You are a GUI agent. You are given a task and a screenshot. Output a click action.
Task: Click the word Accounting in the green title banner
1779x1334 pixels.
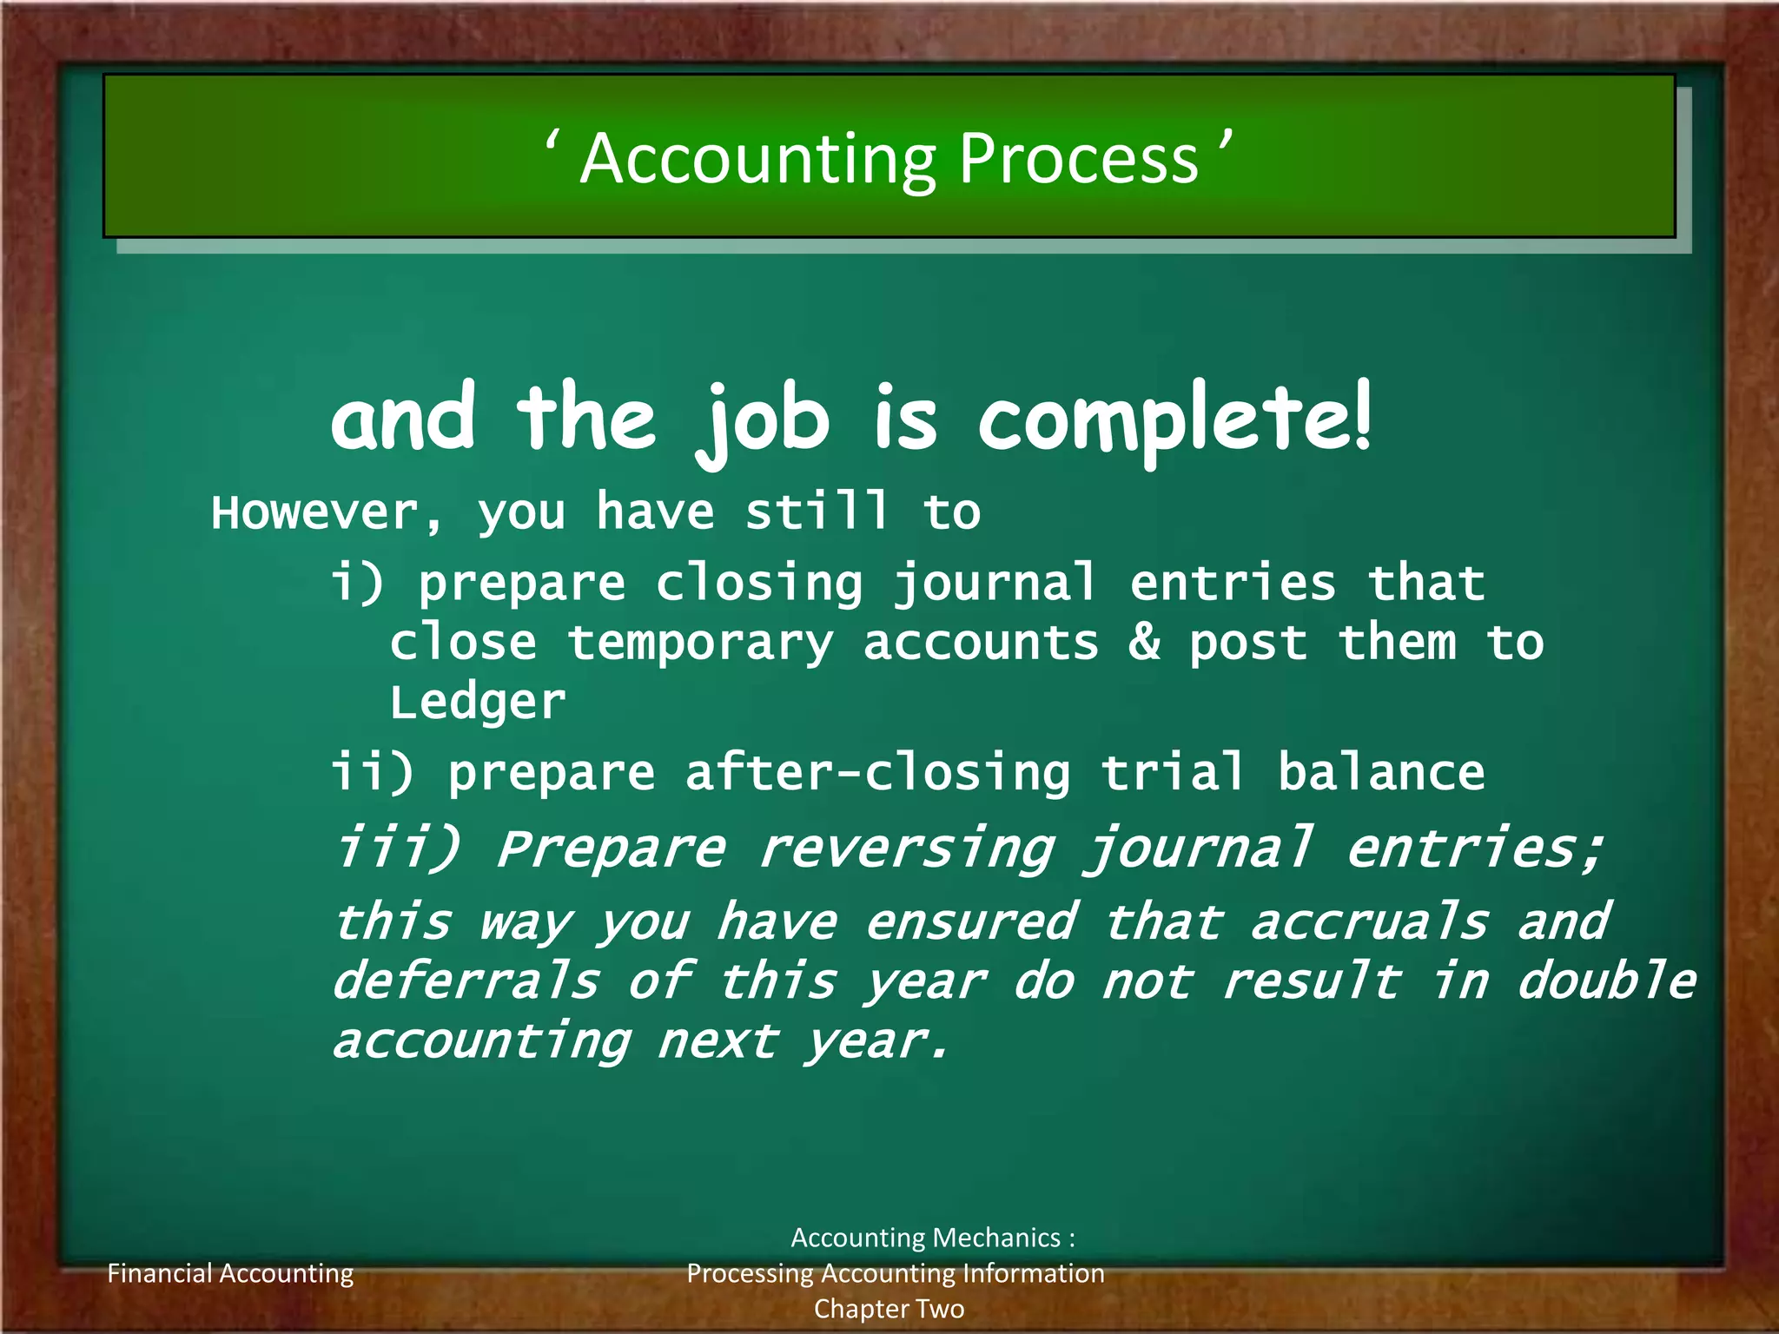click(x=758, y=161)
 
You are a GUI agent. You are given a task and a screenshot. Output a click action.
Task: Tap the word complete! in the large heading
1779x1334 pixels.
click(x=1175, y=419)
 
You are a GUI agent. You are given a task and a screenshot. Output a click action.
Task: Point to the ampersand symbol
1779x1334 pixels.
click(x=1144, y=642)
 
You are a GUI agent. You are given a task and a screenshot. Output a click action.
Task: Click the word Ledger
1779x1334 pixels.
click(x=478, y=702)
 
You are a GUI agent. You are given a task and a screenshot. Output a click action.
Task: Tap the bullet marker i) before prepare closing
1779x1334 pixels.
click(x=357, y=582)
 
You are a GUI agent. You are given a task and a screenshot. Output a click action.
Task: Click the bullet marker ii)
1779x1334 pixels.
click(x=373, y=772)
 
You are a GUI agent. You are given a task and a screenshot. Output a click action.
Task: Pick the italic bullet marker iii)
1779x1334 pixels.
click(x=397, y=847)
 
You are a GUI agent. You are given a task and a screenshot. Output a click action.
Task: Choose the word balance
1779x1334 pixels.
click(x=1381, y=772)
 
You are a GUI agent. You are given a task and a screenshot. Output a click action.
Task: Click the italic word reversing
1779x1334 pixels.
click(x=906, y=849)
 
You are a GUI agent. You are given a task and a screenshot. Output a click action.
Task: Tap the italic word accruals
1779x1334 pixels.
click(x=1369, y=921)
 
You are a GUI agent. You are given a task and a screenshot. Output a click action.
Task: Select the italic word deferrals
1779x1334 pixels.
click(x=466, y=981)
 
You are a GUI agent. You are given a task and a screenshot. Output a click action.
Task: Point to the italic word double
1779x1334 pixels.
click(x=1605, y=981)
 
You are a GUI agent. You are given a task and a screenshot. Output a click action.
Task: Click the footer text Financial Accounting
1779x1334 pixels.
click(x=230, y=1273)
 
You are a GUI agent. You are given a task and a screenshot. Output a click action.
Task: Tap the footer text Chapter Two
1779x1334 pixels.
click(x=889, y=1308)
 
